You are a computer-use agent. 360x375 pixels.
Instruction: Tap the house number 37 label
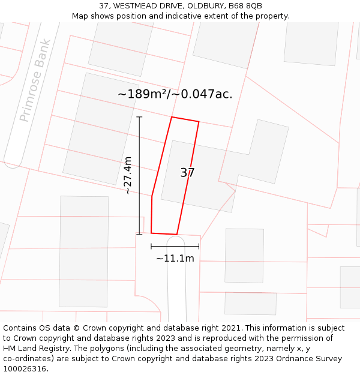click(187, 173)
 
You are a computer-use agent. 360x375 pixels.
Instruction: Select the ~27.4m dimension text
click(128, 175)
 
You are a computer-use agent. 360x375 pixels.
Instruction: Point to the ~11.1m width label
click(175, 259)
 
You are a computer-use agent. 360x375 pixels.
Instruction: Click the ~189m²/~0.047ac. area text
click(175, 94)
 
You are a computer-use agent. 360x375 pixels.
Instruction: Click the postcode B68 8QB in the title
click(245, 6)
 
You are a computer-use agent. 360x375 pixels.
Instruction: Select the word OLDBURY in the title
click(205, 6)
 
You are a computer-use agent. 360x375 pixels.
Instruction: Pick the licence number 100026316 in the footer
click(25, 369)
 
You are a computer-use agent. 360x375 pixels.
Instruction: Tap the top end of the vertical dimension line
click(139, 116)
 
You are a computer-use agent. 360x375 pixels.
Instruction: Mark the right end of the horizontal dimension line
click(199, 246)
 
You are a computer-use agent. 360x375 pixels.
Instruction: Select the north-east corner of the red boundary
click(199, 122)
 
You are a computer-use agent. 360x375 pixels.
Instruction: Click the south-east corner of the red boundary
click(177, 234)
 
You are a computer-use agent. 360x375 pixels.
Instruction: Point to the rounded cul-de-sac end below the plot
click(175, 241)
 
